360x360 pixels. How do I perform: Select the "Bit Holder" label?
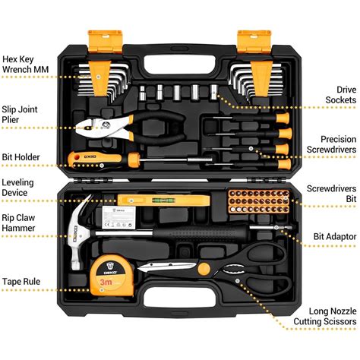[21, 157]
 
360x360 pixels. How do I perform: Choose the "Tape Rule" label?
[21, 281]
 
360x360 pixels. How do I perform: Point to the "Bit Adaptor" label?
[335, 237]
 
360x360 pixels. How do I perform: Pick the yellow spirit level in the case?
[163, 201]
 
